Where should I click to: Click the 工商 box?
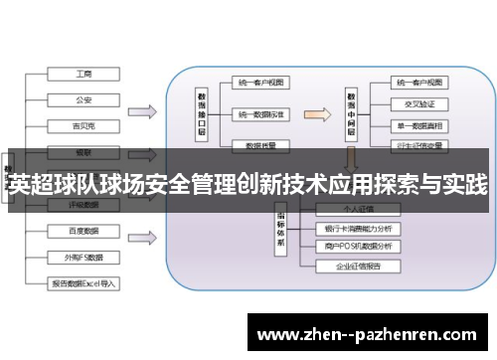point(84,75)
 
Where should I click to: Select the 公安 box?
point(84,99)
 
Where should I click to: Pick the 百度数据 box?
point(84,231)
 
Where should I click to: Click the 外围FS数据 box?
point(84,257)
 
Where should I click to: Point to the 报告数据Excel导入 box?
point(84,282)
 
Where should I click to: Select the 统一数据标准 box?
point(261,115)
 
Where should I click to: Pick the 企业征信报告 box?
point(358,267)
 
